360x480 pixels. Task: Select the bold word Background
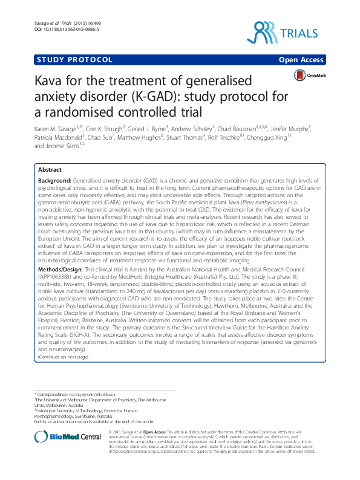[53, 181]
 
